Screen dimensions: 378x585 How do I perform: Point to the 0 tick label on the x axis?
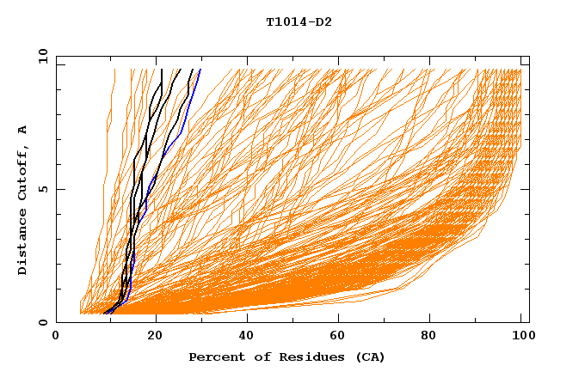click(x=56, y=337)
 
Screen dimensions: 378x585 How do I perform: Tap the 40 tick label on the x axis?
click(x=247, y=337)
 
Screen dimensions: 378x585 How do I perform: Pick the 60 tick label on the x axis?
click(x=340, y=337)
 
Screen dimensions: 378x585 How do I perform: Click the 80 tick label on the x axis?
click(x=433, y=337)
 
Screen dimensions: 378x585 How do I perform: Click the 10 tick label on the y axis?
click(x=42, y=57)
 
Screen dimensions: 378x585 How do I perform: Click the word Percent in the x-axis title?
click(x=214, y=357)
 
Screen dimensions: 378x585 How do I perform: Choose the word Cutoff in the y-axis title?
click(x=23, y=171)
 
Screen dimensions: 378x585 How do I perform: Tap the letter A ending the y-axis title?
click(x=23, y=129)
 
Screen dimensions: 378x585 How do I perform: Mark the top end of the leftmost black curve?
click(x=162, y=70)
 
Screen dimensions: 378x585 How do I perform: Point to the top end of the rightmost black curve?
click(x=191, y=70)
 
